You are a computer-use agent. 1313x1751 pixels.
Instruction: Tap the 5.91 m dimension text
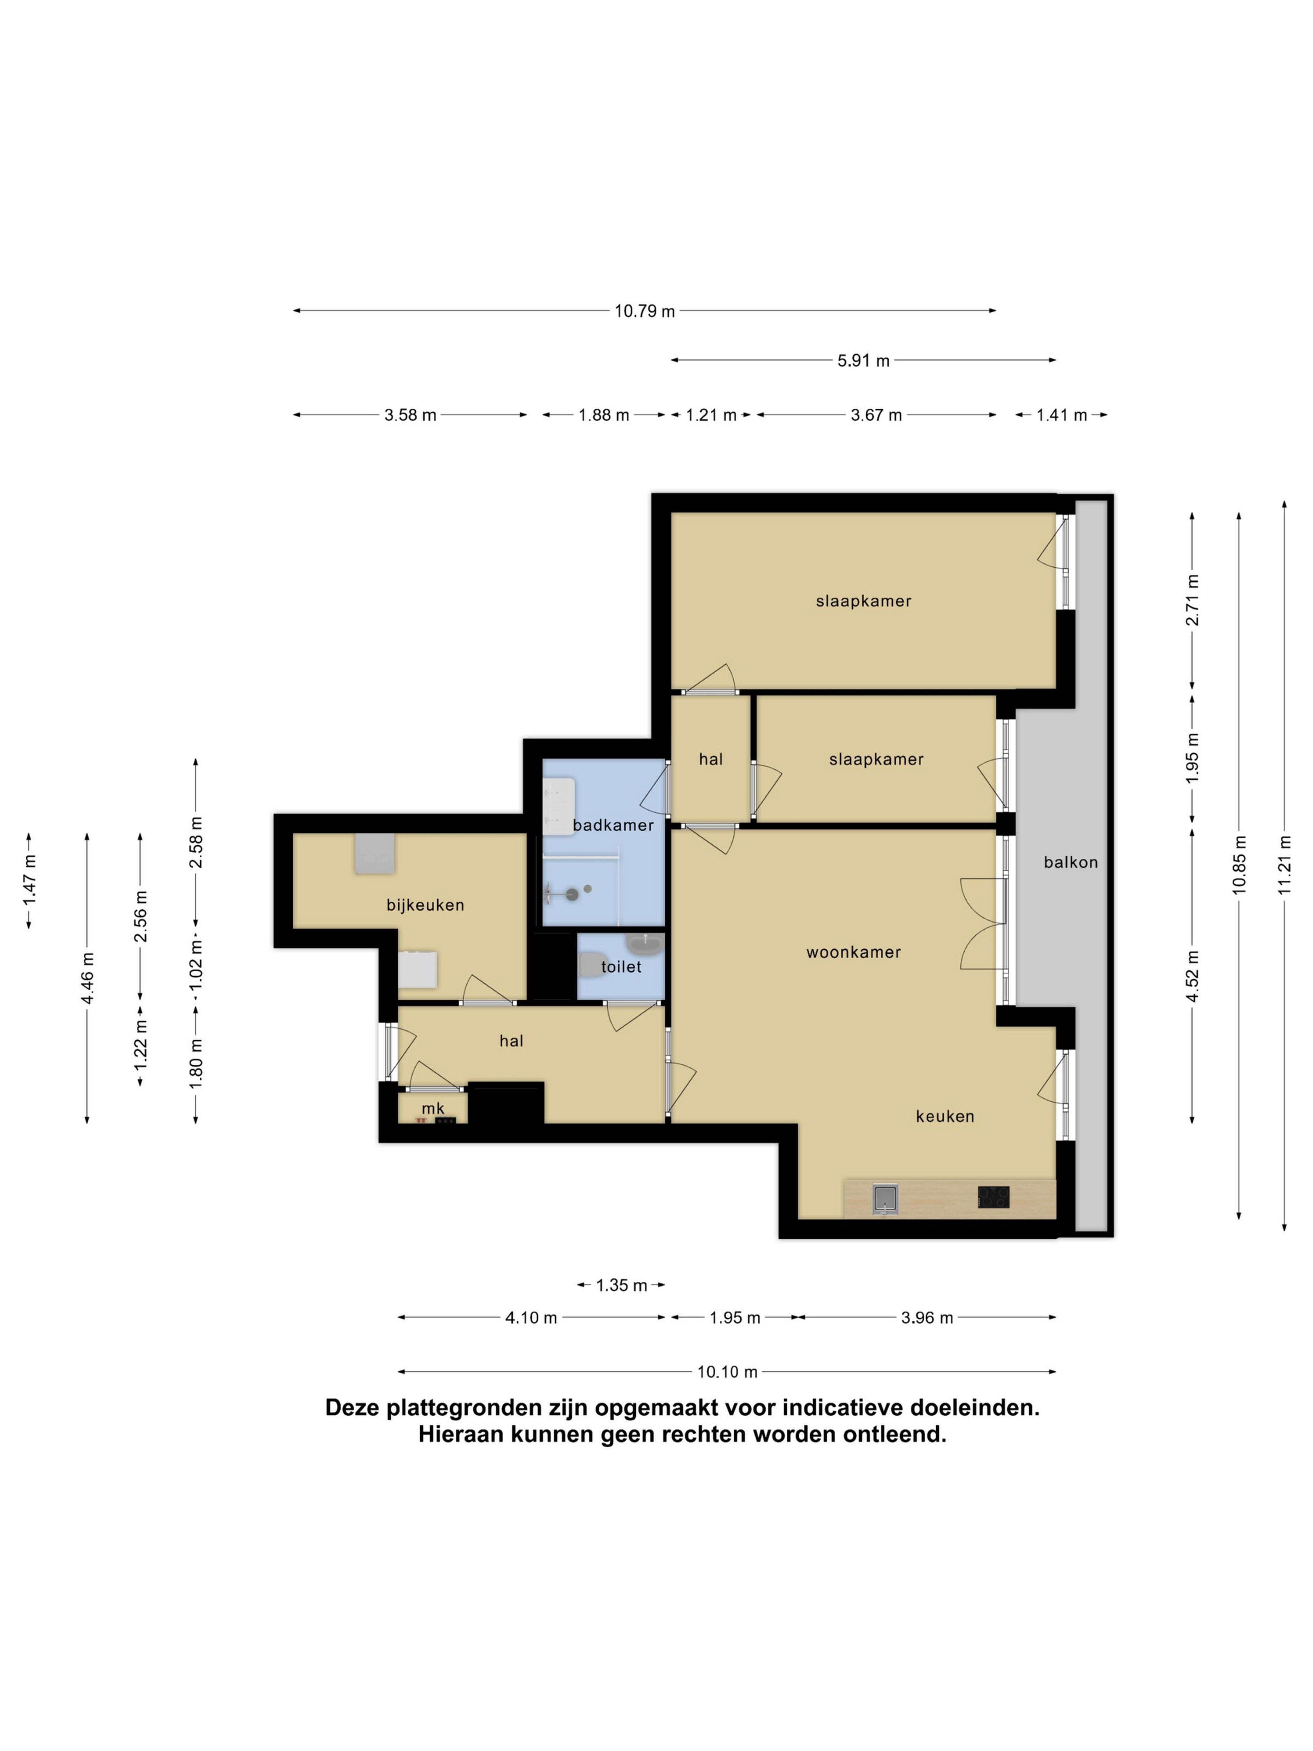(863, 361)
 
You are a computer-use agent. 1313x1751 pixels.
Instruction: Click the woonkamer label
(853, 952)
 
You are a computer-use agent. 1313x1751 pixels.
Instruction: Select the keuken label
(945, 1116)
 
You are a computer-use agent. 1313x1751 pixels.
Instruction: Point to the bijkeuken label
(425, 905)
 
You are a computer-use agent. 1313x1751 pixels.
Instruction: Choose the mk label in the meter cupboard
(433, 1108)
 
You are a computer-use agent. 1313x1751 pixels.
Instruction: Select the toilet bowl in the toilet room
(589, 965)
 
